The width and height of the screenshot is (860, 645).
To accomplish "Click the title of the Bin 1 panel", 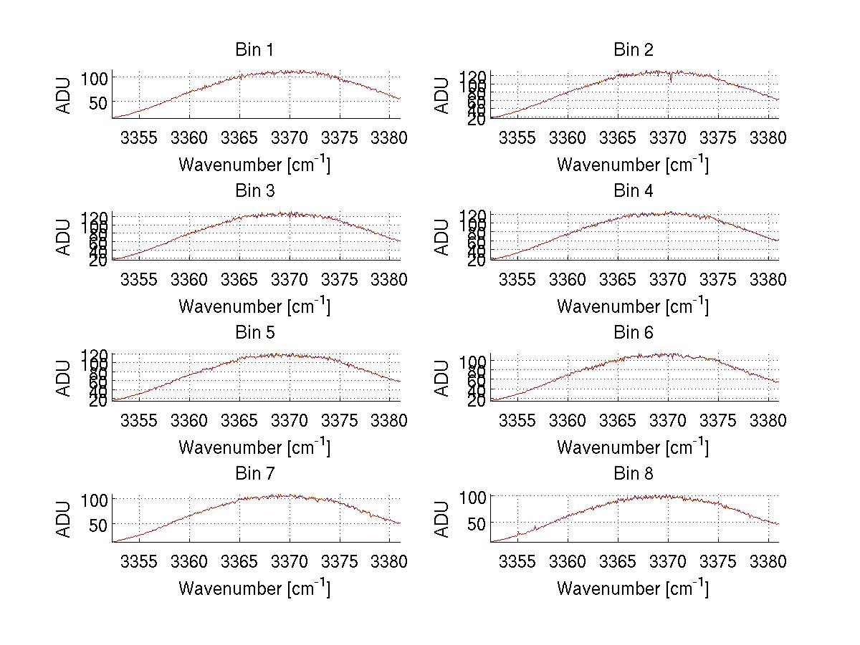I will pyautogui.click(x=254, y=50).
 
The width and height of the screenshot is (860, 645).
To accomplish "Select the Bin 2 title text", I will pyautogui.click(x=634, y=50).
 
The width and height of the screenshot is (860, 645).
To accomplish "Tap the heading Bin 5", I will pyautogui.click(x=254, y=333).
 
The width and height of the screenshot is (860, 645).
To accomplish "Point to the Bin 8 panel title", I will pyautogui.click(x=634, y=474).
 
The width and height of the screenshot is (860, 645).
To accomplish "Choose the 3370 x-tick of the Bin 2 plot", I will pyautogui.click(x=668, y=138).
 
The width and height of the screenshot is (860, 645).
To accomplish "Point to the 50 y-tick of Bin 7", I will pyautogui.click(x=99, y=525).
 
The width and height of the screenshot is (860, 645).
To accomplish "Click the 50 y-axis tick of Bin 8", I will pyautogui.click(x=477, y=523).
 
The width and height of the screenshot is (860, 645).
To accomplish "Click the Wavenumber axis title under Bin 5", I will pyautogui.click(x=254, y=447).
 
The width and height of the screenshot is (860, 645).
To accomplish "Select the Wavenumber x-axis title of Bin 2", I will pyautogui.click(x=634, y=165).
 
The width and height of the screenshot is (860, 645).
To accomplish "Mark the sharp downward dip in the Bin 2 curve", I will pyautogui.click(x=671, y=79).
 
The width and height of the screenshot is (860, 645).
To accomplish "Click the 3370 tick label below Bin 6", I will pyautogui.click(x=668, y=420).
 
